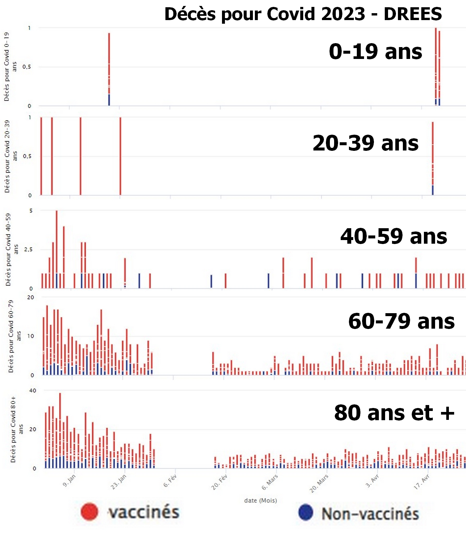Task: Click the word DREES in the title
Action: pos(413,14)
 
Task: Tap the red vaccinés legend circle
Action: pos(89,512)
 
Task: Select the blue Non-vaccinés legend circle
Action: pos(306,512)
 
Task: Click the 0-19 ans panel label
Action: pos(375,52)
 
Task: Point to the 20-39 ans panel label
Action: pos(365,143)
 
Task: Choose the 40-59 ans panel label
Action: pos(394,236)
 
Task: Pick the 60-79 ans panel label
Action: pos(401,321)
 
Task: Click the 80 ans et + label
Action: pos(394,413)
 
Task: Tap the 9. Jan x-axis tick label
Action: pos(69,480)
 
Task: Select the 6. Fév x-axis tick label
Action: pos(170,480)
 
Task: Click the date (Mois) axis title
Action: pos(260,501)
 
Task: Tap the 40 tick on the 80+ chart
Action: pos(33,391)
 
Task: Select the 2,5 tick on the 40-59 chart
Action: pos(28,250)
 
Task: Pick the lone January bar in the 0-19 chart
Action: pos(109,66)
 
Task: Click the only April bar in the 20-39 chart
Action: pos(433,155)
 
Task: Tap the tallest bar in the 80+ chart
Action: pos(60,428)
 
